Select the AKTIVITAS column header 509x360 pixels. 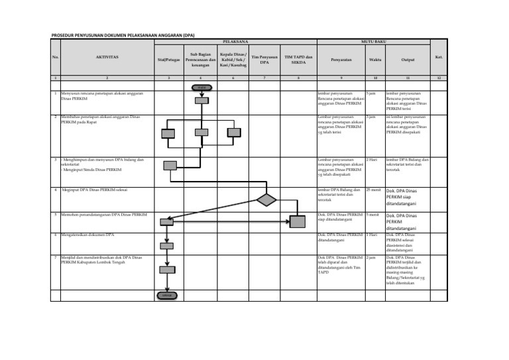tap(106, 58)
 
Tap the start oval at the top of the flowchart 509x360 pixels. tap(201, 88)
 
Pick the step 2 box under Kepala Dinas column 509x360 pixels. tap(232, 133)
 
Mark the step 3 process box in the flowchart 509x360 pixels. tap(170, 165)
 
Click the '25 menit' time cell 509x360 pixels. tap(373, 190)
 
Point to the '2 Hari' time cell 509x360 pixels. tap(371, 160)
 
